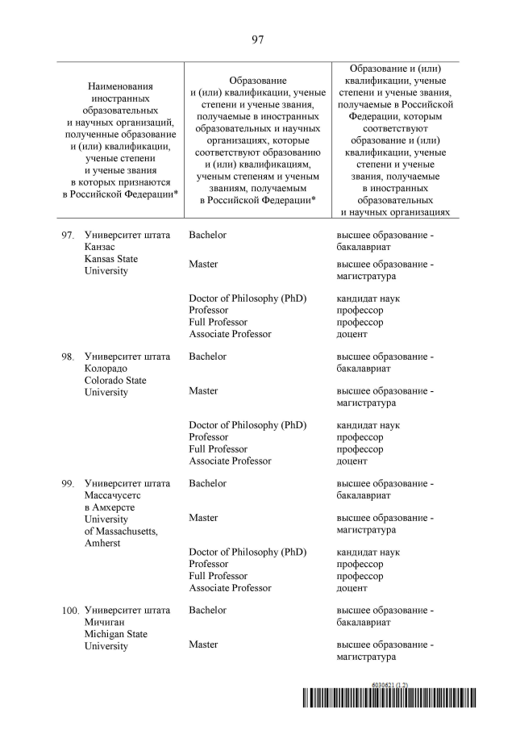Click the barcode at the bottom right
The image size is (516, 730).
click(389, 699)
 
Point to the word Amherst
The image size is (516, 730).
click(102, 544)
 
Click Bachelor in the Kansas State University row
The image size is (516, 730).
click(207, 235)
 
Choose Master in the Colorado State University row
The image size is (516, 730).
click(203, 390)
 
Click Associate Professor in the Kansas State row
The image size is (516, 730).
click(230, 333)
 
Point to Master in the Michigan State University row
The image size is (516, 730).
click(203, 644)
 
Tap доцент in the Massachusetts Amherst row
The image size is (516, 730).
click(352, 588)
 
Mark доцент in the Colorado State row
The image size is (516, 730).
click(352, 461)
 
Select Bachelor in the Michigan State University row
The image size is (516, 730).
click(207, 611)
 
